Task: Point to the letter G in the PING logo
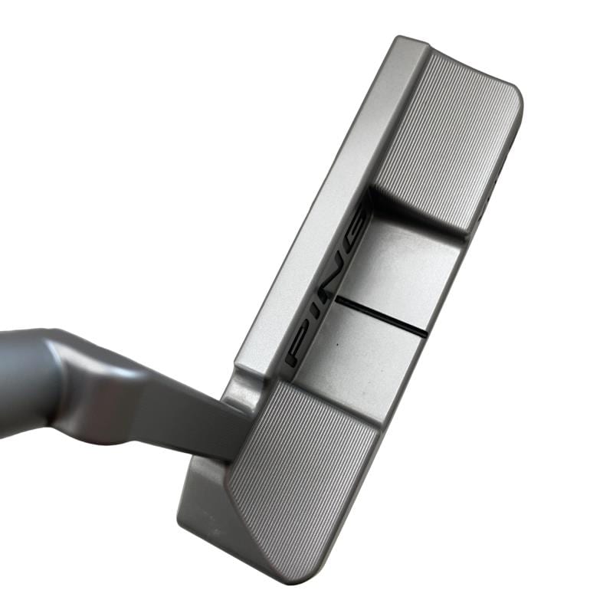(358, 228)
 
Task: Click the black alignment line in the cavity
(380, 316)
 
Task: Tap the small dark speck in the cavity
(336, 346)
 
